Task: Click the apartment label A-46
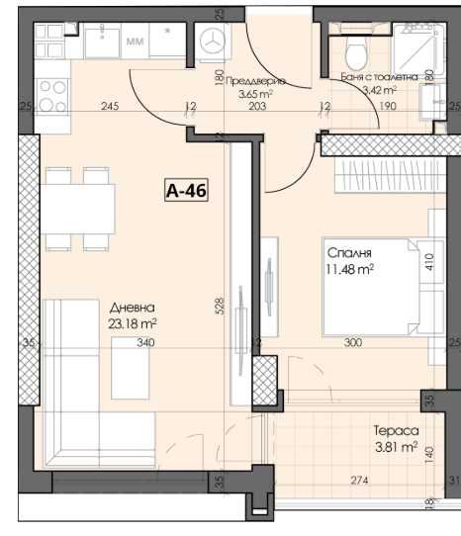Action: (x=187, y=190)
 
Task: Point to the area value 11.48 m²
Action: (x=349, y=268)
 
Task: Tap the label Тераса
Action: (x=397, y=431)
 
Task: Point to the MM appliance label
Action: (x=135, y=43)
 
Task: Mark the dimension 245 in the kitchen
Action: (x=110, y=107)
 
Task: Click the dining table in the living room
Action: (x=80, y=210)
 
